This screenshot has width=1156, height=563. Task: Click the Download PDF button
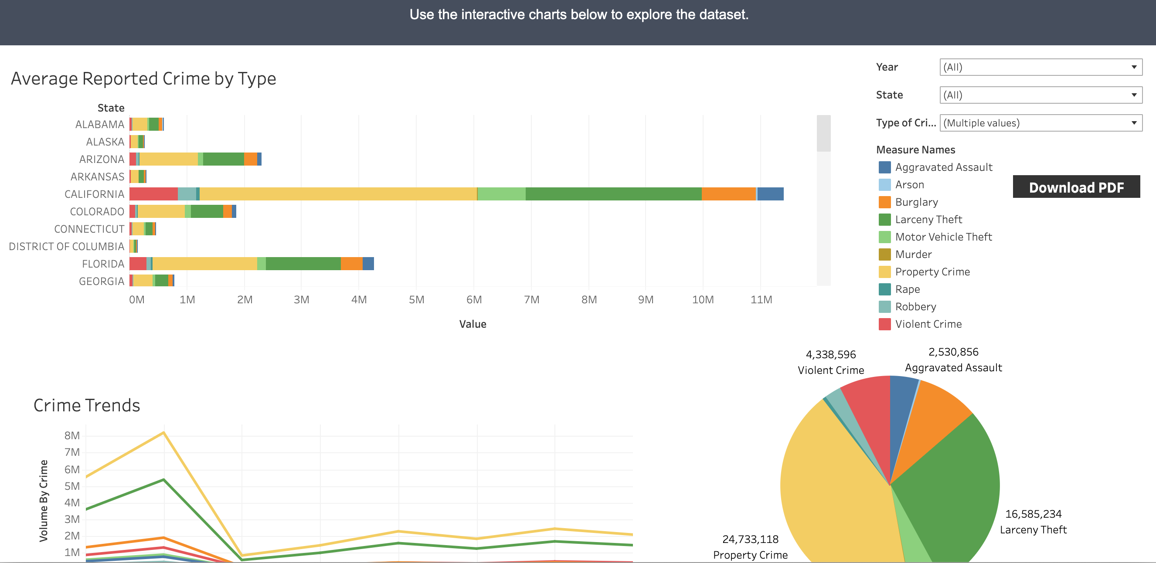pyautogui.click(x=1076, y=187)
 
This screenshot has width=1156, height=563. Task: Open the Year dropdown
pyautogui.click(x=1040, y=67)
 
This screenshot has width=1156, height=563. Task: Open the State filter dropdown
pyautogui.click(x=1040, y=95)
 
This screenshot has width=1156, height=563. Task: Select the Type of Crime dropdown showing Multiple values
pyautogui.click(x=1040, y=123)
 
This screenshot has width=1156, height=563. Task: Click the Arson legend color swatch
pyautogui.click(x=884, y=185)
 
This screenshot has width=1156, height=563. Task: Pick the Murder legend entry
pyautogui.click(x=913, y=254)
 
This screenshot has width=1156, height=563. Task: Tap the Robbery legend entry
pyautogui.click(x=915, y=307)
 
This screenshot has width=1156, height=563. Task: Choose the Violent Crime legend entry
pyautogui.click(x=928, y=324)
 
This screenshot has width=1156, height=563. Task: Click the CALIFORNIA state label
pyautogui.click(x=94, y=194)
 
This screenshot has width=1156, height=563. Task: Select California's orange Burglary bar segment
pyautogui.click(x=728, y=194)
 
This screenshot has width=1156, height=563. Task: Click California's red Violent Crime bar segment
pyautogui.click(x=153, y=194)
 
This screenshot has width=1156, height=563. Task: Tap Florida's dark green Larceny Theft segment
pyautogui.click(x=303, y=264)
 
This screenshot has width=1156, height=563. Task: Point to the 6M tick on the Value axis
pyautogui.click(x=474, y=300)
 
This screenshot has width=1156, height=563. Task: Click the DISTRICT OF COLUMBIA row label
pyautogui.click(x=66, y=247)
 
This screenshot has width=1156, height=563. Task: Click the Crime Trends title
pyautogui.click(x=87, y=406)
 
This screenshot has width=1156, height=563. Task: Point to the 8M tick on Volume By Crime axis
pyautogui.click(x=72, y=436)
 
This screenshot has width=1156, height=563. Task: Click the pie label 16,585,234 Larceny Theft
pyautogui.click(x=1033, y=522)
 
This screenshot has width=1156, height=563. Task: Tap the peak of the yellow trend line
pyautogui.click(x=164, y=432)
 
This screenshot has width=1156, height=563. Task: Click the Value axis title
pyautogui.click(x=472, y=324)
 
